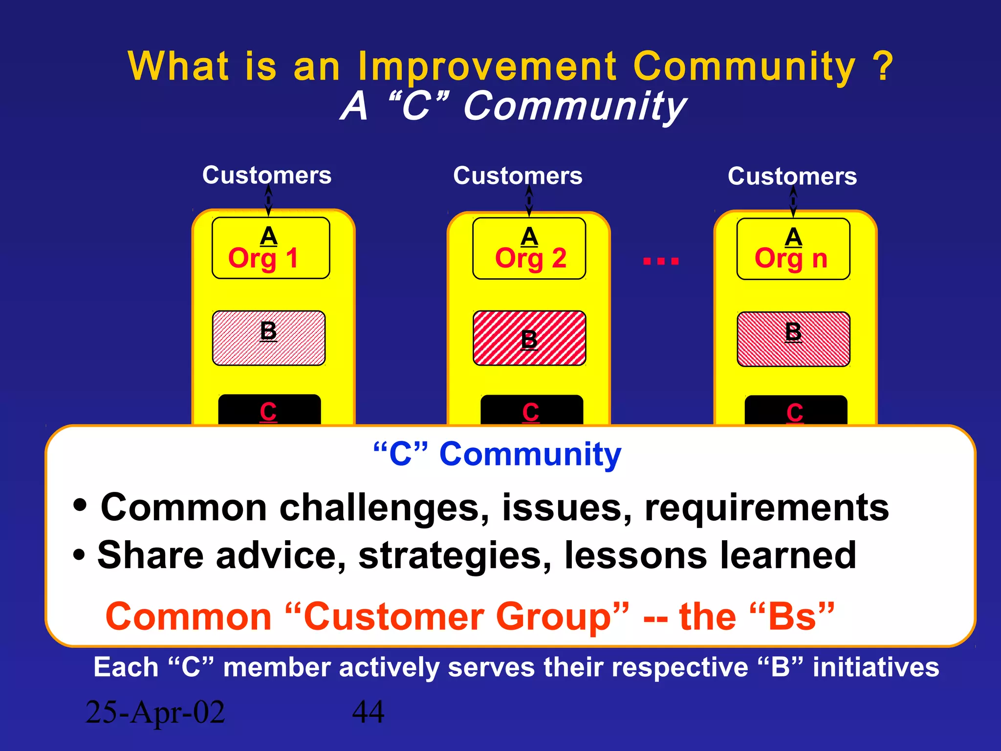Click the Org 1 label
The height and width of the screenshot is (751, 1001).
click(263, 258)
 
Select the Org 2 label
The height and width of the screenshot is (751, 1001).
click(530, 258)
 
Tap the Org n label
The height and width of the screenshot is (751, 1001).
click(791, 259)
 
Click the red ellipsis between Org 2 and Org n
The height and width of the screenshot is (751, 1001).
click(661, 261)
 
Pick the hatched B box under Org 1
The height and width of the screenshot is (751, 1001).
click(268, 338)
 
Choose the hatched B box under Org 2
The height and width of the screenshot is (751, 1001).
click(529, 338)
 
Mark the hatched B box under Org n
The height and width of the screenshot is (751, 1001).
click(793, 339)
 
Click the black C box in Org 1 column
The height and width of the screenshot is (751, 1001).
click(269, 410)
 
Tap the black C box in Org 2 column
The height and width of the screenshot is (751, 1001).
click(531, 410)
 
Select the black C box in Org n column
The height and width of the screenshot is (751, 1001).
click(795, 411)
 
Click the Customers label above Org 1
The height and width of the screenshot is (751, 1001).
click(267, 175)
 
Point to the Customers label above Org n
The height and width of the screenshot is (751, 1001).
click(792, 176)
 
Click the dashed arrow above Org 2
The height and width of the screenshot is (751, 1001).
click(529, 201)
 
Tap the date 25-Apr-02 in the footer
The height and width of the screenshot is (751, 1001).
click(155, 712)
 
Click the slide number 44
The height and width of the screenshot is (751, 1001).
click(368, 712)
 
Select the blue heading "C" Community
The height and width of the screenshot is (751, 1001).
click(497, 454)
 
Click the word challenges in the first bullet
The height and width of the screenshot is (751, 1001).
click(384, 508)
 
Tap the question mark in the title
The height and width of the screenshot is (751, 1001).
click(883, 66)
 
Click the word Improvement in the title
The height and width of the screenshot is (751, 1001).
click(487, 66)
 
